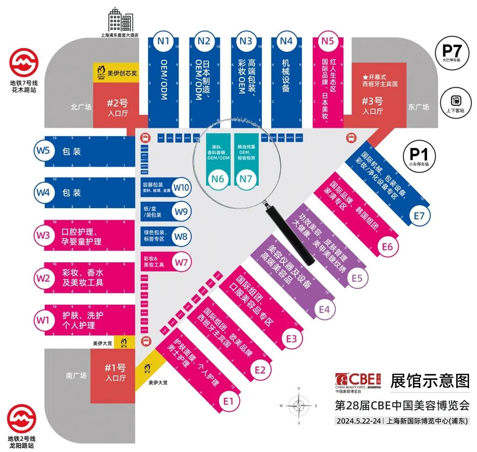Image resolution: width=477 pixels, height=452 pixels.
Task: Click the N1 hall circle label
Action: coord(163,41)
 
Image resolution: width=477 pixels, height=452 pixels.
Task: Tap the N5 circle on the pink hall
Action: coord(327,41)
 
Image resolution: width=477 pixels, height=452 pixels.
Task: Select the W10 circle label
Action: coord(182,187)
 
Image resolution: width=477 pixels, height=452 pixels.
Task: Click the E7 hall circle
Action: coord(419,216)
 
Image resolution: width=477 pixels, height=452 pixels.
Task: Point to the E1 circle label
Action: coord(228,401)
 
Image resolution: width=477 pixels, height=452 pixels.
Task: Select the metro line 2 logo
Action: coord(22,419)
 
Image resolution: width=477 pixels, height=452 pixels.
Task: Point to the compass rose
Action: coord(298,405)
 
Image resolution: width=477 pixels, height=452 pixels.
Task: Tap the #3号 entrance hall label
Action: coord(373,106)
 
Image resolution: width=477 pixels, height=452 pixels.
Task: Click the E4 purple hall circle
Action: coord(324,309)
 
